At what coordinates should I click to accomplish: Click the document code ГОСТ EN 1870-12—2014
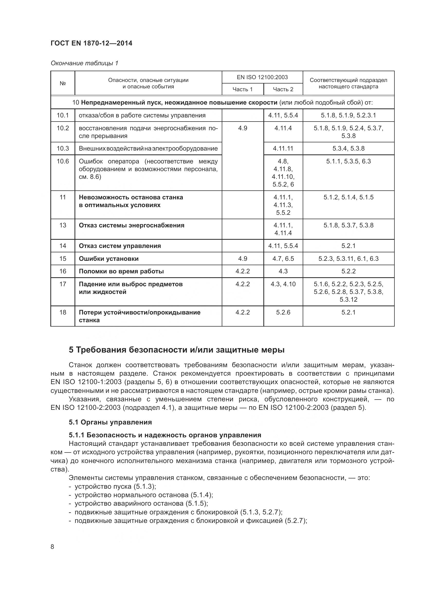tap(91, 43)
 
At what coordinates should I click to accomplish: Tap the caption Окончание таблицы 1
tap(84, 63)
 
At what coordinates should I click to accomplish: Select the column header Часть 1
tap(242, 89)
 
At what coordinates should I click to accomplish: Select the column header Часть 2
tap(283, 89)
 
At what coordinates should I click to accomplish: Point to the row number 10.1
tap(62, 115)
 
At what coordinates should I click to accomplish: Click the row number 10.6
tap(62, 161)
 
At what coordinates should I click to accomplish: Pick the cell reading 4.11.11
tap(283, 149)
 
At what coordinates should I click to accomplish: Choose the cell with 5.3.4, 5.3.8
tap(348, 149)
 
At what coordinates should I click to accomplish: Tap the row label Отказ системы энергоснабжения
tap(131, 225)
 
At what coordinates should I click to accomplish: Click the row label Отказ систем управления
tap(120, 246)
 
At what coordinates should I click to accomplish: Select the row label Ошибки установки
tap(109, 259)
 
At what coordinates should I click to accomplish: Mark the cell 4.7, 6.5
tap(283, 259)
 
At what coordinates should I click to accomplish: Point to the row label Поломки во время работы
tap(121, 271)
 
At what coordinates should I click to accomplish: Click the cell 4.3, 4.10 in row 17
tap(283, 284)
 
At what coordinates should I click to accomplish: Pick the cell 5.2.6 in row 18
tap(283, 312)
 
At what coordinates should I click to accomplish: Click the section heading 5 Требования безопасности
tap(177, 350)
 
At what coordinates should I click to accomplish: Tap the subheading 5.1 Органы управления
tap(110, 422)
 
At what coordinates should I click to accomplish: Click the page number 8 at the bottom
tap(52, 547)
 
